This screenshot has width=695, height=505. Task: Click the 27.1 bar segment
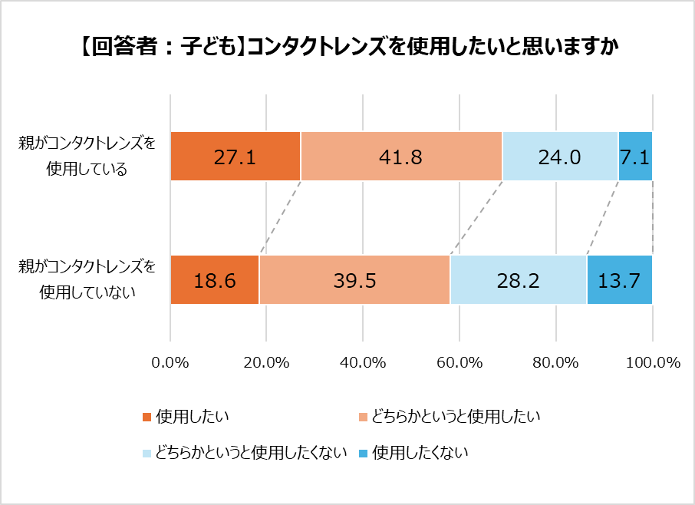pyautogui.click(x=236, y=157)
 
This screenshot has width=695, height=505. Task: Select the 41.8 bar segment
pyautogui.click(x=401, y=157)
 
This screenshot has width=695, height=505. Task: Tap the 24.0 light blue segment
pyautogui.click(x=560, y=157)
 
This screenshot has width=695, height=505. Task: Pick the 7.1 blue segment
pyautogui.click(x=635, y=157)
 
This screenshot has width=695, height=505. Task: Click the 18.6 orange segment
pyautogui.click(x=215, y=280)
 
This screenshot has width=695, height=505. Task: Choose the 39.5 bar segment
pyautogui.click(x=354, y=280)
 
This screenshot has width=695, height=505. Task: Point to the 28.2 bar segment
pyautogui.click(x=519, y=280)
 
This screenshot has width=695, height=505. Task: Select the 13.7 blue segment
pyautogui.click(x=619, y=280)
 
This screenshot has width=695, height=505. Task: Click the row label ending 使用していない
pyautogui.click(x=87, y=280)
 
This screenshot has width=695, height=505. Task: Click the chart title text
pyautogui.click(x=347, y=47)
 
